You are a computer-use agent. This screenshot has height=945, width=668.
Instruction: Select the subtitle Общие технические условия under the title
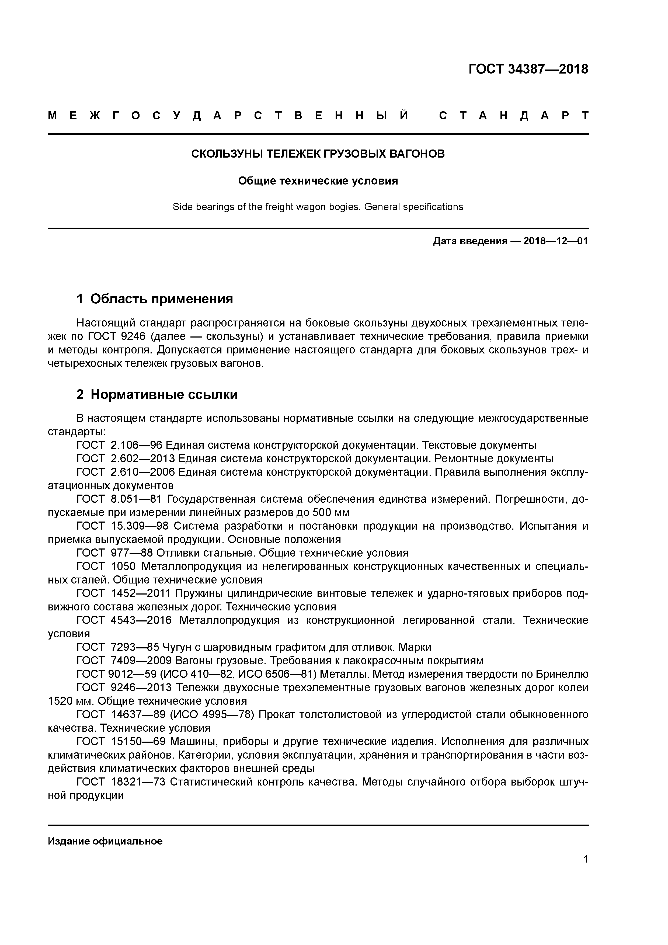[318, 181]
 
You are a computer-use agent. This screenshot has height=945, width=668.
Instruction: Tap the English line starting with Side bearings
[318, 207]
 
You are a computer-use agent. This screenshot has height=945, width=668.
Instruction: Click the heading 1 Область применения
[155, 298]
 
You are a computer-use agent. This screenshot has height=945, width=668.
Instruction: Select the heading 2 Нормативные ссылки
[157, 394]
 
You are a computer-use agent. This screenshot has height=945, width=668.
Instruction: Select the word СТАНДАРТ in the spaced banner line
[514, 116]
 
